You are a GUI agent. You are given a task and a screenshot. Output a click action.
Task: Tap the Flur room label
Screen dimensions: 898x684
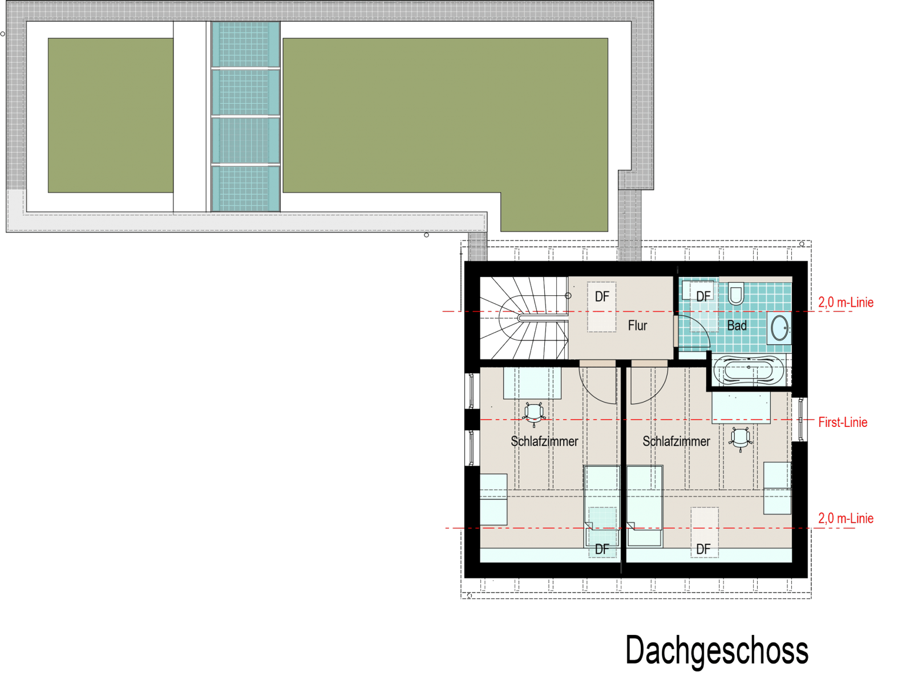point(637,325)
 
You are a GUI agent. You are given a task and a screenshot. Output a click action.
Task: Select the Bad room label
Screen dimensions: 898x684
point(737,325)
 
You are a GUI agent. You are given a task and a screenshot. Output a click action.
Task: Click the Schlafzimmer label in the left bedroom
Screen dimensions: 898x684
point(544,441)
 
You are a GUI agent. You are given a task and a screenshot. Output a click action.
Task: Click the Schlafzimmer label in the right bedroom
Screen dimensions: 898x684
point(676,441)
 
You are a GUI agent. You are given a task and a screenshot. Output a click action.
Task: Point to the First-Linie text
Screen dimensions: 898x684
point(843,422)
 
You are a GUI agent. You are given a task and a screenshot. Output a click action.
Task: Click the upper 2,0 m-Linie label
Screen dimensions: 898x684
point(846,302)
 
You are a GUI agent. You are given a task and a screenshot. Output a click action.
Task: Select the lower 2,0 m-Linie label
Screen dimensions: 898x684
point(846,519)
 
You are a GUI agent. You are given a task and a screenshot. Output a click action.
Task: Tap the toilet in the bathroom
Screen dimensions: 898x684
point(736,294)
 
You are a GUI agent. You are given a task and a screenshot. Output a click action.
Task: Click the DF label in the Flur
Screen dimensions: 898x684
point(602,296)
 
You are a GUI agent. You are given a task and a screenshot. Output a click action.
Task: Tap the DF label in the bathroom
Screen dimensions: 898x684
point(703,296)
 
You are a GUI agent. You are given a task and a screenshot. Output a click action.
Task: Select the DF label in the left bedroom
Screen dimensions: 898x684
point(602,549)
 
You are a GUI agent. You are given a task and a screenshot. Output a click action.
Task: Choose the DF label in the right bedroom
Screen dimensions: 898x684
point(703,549)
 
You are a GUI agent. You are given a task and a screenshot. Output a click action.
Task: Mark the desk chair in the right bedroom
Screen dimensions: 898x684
point(741,439)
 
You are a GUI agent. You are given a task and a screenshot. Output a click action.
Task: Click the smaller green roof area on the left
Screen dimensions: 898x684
point(111,115)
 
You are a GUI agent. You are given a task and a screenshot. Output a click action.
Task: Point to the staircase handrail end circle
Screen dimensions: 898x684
point(568,295)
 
